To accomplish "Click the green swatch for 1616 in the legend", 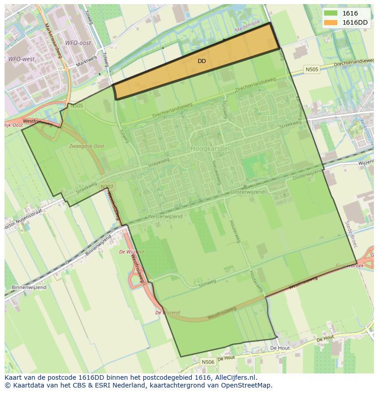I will click(331, 14).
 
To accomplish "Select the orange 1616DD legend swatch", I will click(331, 22).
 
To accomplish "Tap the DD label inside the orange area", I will click(201, 61).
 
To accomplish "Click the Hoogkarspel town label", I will click(210, 149).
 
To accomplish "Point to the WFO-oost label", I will click(78, 43).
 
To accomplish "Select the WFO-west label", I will click(21, 59).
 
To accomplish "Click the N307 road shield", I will click(106, 187).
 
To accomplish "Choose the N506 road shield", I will click(208, 362).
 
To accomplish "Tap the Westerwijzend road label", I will click(166, 216).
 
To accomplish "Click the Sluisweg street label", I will click(225, 109).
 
